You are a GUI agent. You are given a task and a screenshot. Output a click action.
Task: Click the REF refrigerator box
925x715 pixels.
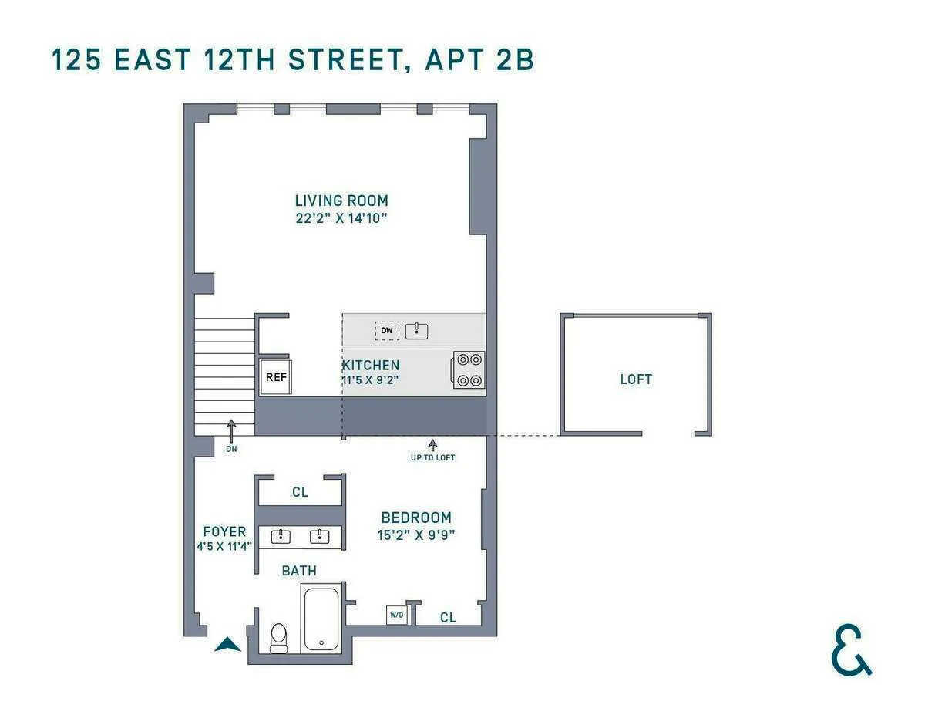click(x=276, y=376)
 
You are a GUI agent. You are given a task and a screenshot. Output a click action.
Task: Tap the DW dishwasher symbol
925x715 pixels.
click(x=387, y=331)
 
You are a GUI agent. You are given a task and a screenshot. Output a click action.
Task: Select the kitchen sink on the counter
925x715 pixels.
click(x=416, y=331)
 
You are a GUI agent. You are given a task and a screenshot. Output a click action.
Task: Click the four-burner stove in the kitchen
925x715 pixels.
click(x=469, y=369)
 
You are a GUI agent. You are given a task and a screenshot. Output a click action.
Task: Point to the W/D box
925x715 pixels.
click(x=396, y=615)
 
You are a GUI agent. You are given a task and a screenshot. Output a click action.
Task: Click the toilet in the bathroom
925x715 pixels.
click(x=278, y=637)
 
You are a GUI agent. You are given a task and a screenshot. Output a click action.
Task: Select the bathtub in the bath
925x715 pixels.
click(x=321, y=619)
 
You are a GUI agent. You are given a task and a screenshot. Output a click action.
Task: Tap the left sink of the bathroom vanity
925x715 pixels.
click(x=282, y=536)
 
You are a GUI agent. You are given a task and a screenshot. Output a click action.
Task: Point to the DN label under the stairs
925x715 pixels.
click(x=231, y=448)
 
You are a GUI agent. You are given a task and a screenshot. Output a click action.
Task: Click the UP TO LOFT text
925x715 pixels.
click(x=432, y=457)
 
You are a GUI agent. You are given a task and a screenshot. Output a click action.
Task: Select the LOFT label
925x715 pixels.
click(x=636, y=379)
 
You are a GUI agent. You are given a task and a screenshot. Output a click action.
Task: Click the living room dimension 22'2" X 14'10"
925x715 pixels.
click(x=341, y=218)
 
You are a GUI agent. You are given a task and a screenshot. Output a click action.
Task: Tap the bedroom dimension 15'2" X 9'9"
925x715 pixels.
click(x=416, y=534)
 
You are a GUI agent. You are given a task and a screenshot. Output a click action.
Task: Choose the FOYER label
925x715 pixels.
click(x=224, y=531)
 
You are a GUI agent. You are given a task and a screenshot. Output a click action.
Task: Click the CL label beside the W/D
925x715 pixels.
click(x=448, y=617)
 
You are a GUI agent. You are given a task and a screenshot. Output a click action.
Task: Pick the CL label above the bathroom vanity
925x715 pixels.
click(x=300, y=492)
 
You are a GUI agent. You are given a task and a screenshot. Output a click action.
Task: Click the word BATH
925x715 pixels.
click(x=299, y=571)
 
